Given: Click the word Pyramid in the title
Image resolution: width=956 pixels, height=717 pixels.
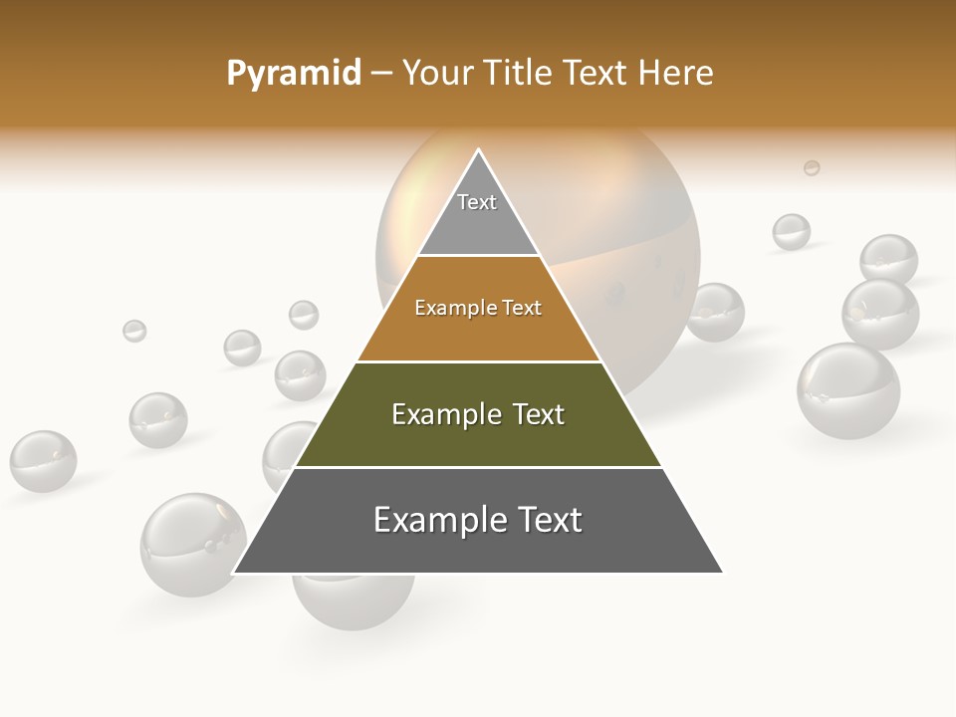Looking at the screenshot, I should [x=293, y=74].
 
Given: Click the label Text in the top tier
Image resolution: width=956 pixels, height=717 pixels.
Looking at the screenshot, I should [x=477, y=202].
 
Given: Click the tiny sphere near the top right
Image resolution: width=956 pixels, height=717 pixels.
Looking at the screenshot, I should [x=812, y=168].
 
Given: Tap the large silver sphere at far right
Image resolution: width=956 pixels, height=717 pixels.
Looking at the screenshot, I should [x=847, y=390].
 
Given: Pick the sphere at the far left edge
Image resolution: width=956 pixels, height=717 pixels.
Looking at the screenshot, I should [x=43, y=461].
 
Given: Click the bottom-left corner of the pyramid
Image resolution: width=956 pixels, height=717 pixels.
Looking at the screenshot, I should [x=235, y=572].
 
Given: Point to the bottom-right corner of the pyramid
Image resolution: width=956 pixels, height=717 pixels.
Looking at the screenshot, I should [x=721, y=572].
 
